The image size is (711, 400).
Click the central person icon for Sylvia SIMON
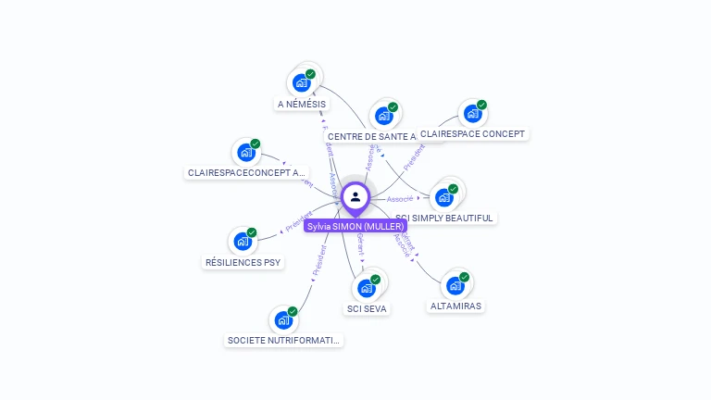tap(355, 197)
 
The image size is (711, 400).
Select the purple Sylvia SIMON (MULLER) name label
tap(355, 226)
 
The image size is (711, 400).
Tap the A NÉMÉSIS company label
tap(302, 105)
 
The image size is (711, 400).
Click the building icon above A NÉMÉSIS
tap(301, 82)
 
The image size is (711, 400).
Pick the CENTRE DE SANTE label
tap(372, 136)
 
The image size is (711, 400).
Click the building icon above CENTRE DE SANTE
tap(383, 116)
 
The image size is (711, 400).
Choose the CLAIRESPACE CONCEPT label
tap(472, 133)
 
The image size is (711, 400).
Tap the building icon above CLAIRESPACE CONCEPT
tap(473, 114)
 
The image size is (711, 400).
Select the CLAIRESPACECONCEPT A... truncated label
tap(246, 172)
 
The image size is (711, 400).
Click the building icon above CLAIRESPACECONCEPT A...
tap(246, 152)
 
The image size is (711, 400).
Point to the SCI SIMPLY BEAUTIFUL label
tap(444, 218)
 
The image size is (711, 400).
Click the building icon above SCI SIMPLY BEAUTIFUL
tap(445, 197)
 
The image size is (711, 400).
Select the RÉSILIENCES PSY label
tap(243, 262)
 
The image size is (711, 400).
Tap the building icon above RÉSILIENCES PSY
tap(243, 242)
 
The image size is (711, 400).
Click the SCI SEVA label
tap(367, 308)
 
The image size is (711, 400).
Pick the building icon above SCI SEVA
tap(367, 288)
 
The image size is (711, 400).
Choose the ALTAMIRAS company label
tap(455, 306)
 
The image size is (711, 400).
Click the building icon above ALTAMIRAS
tap(455, 285)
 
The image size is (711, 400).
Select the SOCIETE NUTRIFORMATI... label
tap(284, 341)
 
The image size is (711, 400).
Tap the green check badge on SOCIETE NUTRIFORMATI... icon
tap(293, 312)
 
